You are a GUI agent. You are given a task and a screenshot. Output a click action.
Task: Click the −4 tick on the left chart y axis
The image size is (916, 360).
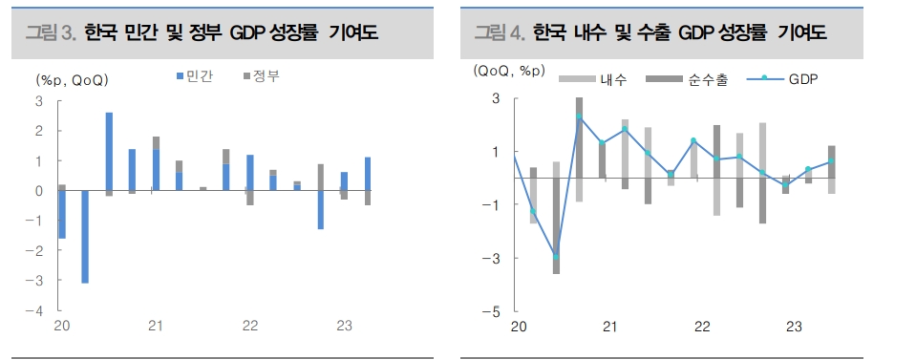point(37,311)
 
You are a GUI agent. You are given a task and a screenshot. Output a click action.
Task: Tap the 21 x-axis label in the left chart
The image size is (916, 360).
point(157,328)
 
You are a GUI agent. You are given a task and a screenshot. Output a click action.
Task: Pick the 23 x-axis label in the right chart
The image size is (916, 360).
point(794,328)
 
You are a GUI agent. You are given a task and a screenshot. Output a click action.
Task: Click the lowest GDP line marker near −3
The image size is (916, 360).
point(556,257)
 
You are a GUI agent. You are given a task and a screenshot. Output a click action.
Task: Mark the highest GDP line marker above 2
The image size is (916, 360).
point(579,116)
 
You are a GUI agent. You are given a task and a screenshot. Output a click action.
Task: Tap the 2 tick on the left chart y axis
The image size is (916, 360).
point(39,131)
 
